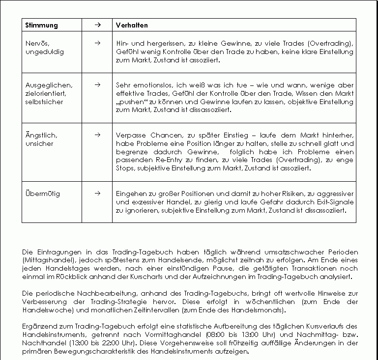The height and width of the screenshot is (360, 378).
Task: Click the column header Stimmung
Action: coord(41,25)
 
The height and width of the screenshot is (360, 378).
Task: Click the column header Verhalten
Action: coord(132,25)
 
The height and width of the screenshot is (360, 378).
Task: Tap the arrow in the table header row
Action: coord(97,25)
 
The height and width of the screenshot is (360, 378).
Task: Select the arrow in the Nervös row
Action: coord(97,43)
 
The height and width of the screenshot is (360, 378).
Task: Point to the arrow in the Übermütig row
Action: coord(97,193)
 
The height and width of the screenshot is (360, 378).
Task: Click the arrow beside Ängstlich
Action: coord(97,134)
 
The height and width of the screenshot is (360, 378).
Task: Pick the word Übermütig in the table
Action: coord(42,194)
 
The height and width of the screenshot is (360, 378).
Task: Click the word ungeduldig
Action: coord(44,52)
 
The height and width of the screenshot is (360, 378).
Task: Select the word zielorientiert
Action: coord(45,93)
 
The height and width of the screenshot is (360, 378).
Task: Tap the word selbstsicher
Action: coord(44,102)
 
